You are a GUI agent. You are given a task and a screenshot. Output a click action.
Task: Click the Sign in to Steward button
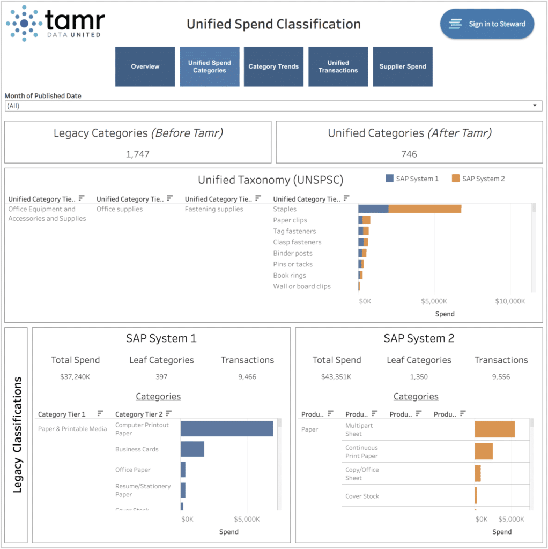coord(487,24)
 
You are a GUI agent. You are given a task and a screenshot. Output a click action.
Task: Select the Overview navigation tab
coord(145,66)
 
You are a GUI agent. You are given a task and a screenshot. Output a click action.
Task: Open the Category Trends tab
coord(273,66)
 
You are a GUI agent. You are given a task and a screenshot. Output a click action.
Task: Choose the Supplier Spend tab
coord(403,66)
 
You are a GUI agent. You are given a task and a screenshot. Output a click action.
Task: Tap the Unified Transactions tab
coord(338,66)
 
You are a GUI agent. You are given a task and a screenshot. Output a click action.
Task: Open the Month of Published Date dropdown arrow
coord(535,106)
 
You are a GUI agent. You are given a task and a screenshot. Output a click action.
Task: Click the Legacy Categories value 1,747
coord(138,154)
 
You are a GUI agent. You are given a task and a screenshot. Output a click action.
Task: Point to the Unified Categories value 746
coord(409,154)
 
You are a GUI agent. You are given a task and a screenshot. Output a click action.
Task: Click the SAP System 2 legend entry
coord(478,179)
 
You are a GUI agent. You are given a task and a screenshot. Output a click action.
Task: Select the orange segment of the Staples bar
coord(425,209)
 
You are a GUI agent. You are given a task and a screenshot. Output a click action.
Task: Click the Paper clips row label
coord(290,220)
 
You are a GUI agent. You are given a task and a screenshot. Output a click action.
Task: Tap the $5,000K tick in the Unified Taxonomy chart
coord(434,301)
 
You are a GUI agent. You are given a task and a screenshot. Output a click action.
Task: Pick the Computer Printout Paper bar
coord(227,429)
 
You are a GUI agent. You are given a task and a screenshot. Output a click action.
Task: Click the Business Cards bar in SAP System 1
coord(192,449)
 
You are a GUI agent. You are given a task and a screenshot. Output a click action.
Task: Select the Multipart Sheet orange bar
coord(494,429)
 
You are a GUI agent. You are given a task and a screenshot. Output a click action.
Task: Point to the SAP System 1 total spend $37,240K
coord(76,377)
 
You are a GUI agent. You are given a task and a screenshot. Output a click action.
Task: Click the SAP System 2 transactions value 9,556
coord(501,377)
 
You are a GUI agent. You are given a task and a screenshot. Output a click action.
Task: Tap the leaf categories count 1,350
coord(419,377)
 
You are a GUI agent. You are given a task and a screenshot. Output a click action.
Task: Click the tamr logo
coord(56,23)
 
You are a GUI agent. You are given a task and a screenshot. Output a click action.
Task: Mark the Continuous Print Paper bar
coord(484,451)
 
